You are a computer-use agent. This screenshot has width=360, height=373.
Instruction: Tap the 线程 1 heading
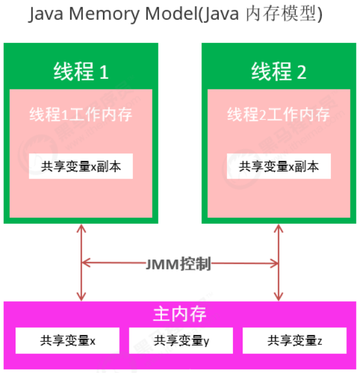(x=81, y=72)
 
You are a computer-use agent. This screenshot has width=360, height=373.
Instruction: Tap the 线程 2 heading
(x=278, y=72)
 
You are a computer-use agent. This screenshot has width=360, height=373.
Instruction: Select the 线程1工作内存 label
(x=81, y=114)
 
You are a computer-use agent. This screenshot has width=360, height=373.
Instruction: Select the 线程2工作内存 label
(x=278, y=114)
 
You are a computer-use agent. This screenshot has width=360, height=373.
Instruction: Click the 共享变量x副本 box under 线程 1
(x=81, y=167)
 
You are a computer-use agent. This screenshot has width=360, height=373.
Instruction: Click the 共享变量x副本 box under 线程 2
(x=278, y=167)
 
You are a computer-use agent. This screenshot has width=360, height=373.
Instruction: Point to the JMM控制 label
(x=178, y=263)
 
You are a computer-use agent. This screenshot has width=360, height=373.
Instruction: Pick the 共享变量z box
(x=294, y=341)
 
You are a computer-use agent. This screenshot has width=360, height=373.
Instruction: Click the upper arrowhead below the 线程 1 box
(x=82, y=228)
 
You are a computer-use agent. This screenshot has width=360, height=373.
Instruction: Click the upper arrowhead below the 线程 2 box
(x=278, y=228)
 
